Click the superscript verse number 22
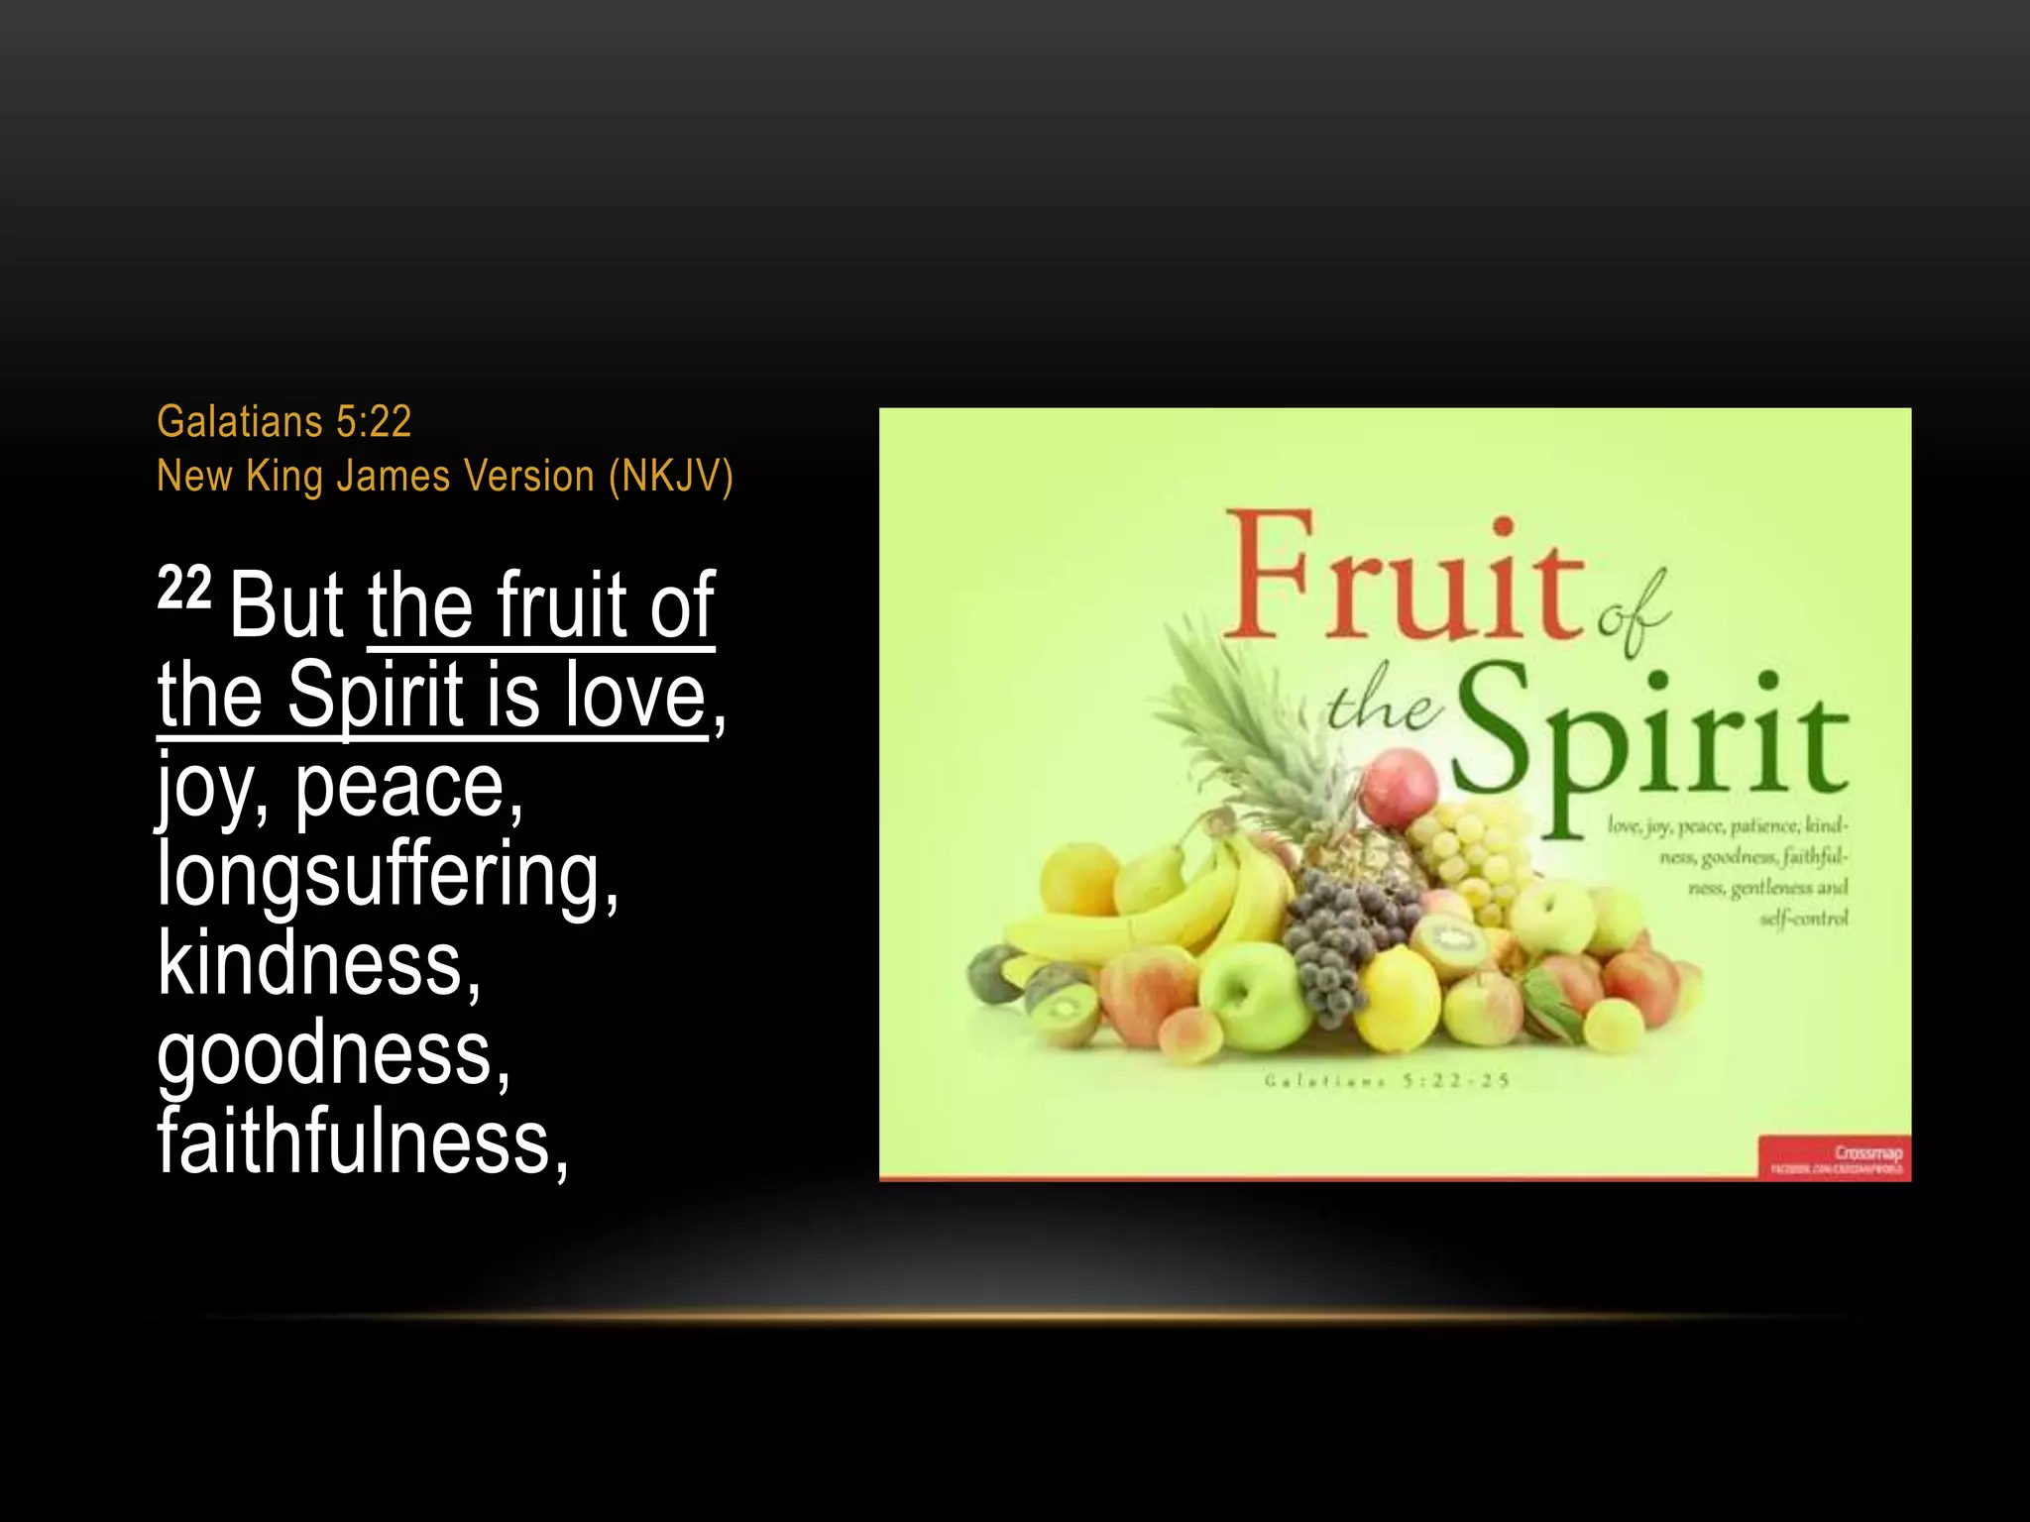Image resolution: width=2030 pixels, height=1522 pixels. coord(184,589)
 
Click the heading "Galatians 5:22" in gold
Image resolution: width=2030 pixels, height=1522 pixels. coord(283,422)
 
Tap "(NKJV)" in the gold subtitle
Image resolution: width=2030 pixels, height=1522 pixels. coord(671,477)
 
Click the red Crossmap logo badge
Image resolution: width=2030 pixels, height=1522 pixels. coord(1834,1157)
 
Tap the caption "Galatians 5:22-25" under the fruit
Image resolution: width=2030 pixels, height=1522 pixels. coord(1387,1080)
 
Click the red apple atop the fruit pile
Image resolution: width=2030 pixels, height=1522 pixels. coord(1399,787)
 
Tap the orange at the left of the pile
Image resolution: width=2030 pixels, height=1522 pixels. coord(1078,877)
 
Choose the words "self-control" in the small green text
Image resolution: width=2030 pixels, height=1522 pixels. coord(1803,919)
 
